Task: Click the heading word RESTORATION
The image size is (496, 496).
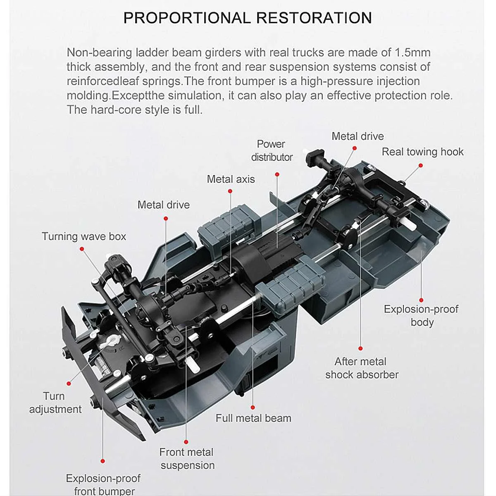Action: [314, 18]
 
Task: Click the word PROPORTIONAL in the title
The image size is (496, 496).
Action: [187, 18]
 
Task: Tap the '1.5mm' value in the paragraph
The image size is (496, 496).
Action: [413, 52]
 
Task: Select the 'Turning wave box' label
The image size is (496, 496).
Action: [84, 236]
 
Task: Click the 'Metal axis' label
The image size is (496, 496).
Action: [231, 179]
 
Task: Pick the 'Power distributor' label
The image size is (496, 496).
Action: [272, 150]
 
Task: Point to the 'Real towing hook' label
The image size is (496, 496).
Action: [422, 152]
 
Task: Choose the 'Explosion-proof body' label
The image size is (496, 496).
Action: [421, 315]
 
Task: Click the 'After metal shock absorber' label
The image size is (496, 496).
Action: [362, 368]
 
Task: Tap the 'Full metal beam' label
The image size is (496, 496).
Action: [253, 418]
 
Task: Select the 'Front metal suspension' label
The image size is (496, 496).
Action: [187, 458]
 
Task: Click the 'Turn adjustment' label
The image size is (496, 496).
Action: [55, 403]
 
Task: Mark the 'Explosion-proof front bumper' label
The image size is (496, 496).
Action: [104, 484]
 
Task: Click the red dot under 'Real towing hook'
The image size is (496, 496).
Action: [420, 165]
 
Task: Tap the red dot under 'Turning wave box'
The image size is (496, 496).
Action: [82, 249]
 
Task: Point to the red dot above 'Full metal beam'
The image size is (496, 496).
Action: [253, 408]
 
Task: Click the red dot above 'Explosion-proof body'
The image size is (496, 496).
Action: [421, 300]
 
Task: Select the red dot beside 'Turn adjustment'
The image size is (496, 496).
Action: [69, 384]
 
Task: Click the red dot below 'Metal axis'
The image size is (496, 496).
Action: [230, 191]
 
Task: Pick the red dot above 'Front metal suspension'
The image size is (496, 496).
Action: [186, 442]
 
